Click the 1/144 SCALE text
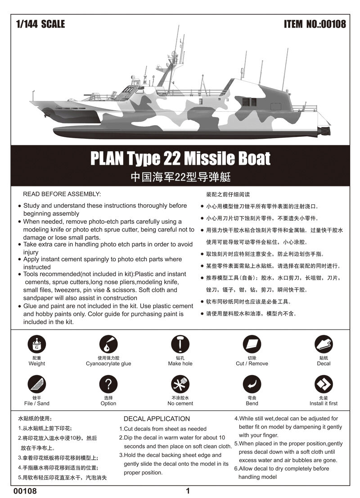click(40, 24)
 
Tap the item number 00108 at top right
click(315, 24)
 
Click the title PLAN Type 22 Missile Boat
click(180, 158)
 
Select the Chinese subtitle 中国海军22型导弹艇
click(180, 177)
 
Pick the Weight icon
click(36, 345)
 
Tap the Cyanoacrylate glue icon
click(108, 345)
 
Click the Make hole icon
click(180, 345)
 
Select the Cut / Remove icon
click(252, 345)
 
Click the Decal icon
click(323, 345)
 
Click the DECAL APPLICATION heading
click(157, 419)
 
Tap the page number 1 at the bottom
click(188, 491)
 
